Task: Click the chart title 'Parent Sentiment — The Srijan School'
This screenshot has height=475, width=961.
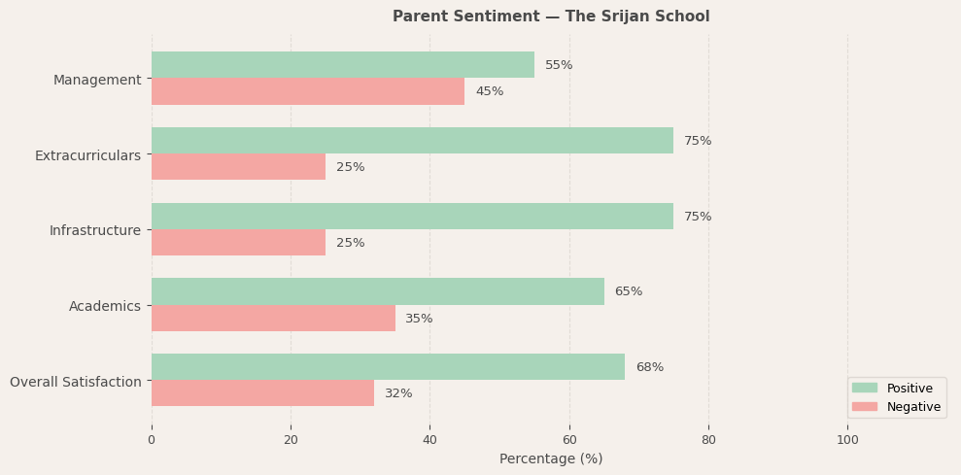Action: click(551, 17)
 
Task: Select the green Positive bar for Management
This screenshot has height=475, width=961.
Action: click(342, 65)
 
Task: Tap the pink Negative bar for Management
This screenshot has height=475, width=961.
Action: click(307, 91)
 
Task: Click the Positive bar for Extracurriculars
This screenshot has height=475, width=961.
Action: click(412, 141)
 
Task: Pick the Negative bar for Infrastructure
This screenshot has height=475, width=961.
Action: click(238, 243)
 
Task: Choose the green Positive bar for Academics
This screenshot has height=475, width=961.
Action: click(377, 291)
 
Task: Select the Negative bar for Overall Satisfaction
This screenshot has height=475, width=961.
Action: click(262, 393)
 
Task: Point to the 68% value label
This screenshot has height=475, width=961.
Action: click(649, 367)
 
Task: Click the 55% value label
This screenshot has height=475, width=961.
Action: click(559, 65)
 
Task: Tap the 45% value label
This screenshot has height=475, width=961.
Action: click(489, 91)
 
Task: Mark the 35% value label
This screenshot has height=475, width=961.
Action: click(419, 319)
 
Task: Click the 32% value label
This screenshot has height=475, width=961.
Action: click(398, 393)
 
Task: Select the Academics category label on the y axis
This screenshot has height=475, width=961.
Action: click(105, 306)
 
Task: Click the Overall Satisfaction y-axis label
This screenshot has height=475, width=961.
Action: click(76, 382)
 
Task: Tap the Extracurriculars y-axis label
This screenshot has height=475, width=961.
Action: click(87, 155)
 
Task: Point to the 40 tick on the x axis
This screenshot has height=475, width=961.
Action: click(429, 440)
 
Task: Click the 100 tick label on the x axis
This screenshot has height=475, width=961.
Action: click(847, 440)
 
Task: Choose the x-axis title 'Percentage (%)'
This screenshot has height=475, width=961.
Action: click(551, 458)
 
